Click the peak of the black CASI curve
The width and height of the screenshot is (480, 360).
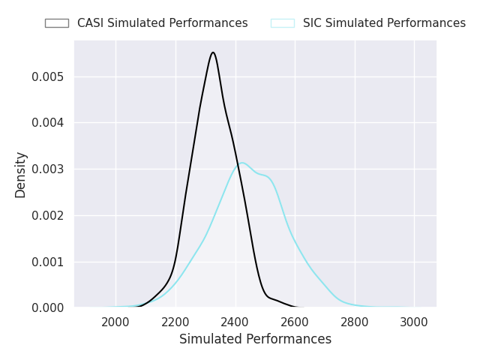(213, 52)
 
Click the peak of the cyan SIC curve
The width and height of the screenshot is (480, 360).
(241, 163)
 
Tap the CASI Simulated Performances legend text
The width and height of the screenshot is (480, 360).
(162, 23)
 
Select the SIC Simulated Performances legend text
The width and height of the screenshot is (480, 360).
(384, 23)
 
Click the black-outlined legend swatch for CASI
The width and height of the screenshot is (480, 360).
(57, 23)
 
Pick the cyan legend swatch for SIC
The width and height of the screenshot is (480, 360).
(283, 23)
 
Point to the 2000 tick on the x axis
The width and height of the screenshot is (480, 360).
(115, 322)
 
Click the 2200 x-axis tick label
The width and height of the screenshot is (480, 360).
(175, 322)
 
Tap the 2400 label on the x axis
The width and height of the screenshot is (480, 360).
(235, 322)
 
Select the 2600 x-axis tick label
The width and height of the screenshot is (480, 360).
(295, 322)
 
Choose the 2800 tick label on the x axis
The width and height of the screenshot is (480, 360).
(355, 322)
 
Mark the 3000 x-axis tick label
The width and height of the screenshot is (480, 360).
(414, 322)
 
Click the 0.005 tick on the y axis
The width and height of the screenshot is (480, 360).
(48, 76)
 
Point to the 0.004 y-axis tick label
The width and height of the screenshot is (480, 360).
(48, 122)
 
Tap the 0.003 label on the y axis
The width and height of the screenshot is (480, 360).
(48, 169)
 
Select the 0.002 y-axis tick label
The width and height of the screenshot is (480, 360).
(48, 215)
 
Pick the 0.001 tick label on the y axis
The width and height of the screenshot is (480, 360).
(48, 262)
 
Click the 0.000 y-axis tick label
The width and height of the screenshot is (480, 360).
(48, 307)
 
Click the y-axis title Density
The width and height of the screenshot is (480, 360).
(20, 175)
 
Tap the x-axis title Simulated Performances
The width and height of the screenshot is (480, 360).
(255, 339)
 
